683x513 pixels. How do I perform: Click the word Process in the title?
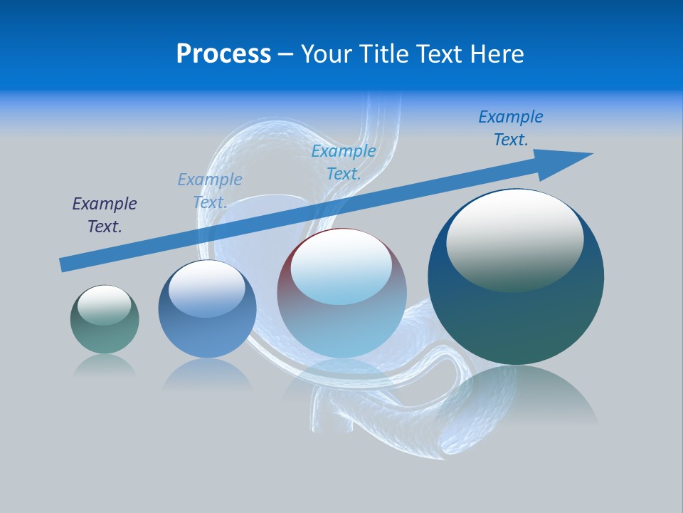pos(223,54)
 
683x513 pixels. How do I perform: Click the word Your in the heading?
pos(327,54)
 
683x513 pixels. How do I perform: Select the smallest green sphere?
pos(105,319)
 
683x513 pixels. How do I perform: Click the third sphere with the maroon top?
pos(341,293)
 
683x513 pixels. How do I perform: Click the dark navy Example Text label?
pos(105,215)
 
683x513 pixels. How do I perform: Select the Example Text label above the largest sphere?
pos(511,128)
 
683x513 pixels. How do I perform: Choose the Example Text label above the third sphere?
pos(344,162)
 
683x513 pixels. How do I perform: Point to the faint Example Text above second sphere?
pos(210,191)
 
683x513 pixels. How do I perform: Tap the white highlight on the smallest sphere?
pos(104,305)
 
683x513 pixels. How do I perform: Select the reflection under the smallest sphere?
pos(105,365)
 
